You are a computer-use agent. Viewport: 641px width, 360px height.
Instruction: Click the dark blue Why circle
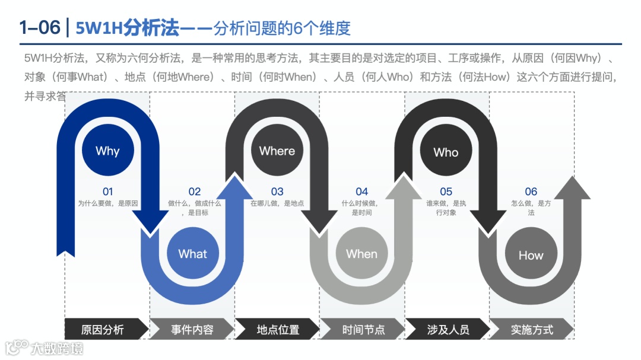[107, 151]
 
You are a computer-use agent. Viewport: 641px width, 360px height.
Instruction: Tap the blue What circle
[193, 254]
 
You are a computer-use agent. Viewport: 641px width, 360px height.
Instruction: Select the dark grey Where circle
[277, 151]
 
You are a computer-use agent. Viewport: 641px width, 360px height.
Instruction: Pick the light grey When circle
[361, 254]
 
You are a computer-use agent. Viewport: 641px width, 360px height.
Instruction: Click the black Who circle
[446, 152]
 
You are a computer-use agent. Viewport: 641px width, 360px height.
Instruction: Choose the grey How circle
[531, 255]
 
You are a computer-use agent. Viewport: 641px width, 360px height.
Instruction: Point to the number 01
[107, 192]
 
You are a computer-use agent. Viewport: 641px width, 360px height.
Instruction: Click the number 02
[195, 192]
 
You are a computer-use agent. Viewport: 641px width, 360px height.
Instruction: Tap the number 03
[277, 192]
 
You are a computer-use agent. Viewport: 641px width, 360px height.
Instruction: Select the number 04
[361, 192]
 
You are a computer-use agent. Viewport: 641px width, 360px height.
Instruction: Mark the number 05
[446, 192]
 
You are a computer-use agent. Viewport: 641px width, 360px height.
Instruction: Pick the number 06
[531, 192]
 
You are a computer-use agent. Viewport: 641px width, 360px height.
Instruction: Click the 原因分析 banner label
[103, 330]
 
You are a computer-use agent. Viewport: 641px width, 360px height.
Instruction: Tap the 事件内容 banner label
[192, 330]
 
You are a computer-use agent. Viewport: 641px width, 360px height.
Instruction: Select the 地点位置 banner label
[278, 330]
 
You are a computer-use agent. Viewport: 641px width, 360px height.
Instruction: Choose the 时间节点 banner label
[363, 330]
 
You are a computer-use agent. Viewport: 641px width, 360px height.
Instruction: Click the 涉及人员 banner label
[448, 330]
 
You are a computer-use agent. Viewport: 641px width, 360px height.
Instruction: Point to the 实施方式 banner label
[532, 330]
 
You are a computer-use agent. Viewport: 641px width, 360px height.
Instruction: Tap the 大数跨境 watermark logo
[44, 348]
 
